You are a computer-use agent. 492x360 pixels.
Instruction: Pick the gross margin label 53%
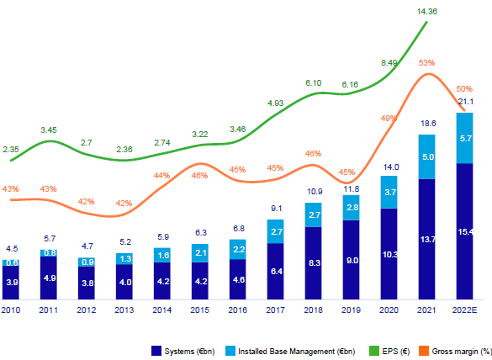pyautogui.click(x=426, y=62)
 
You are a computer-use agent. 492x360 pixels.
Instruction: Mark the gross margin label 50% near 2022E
pyautogui.click(x=463, y=88)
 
